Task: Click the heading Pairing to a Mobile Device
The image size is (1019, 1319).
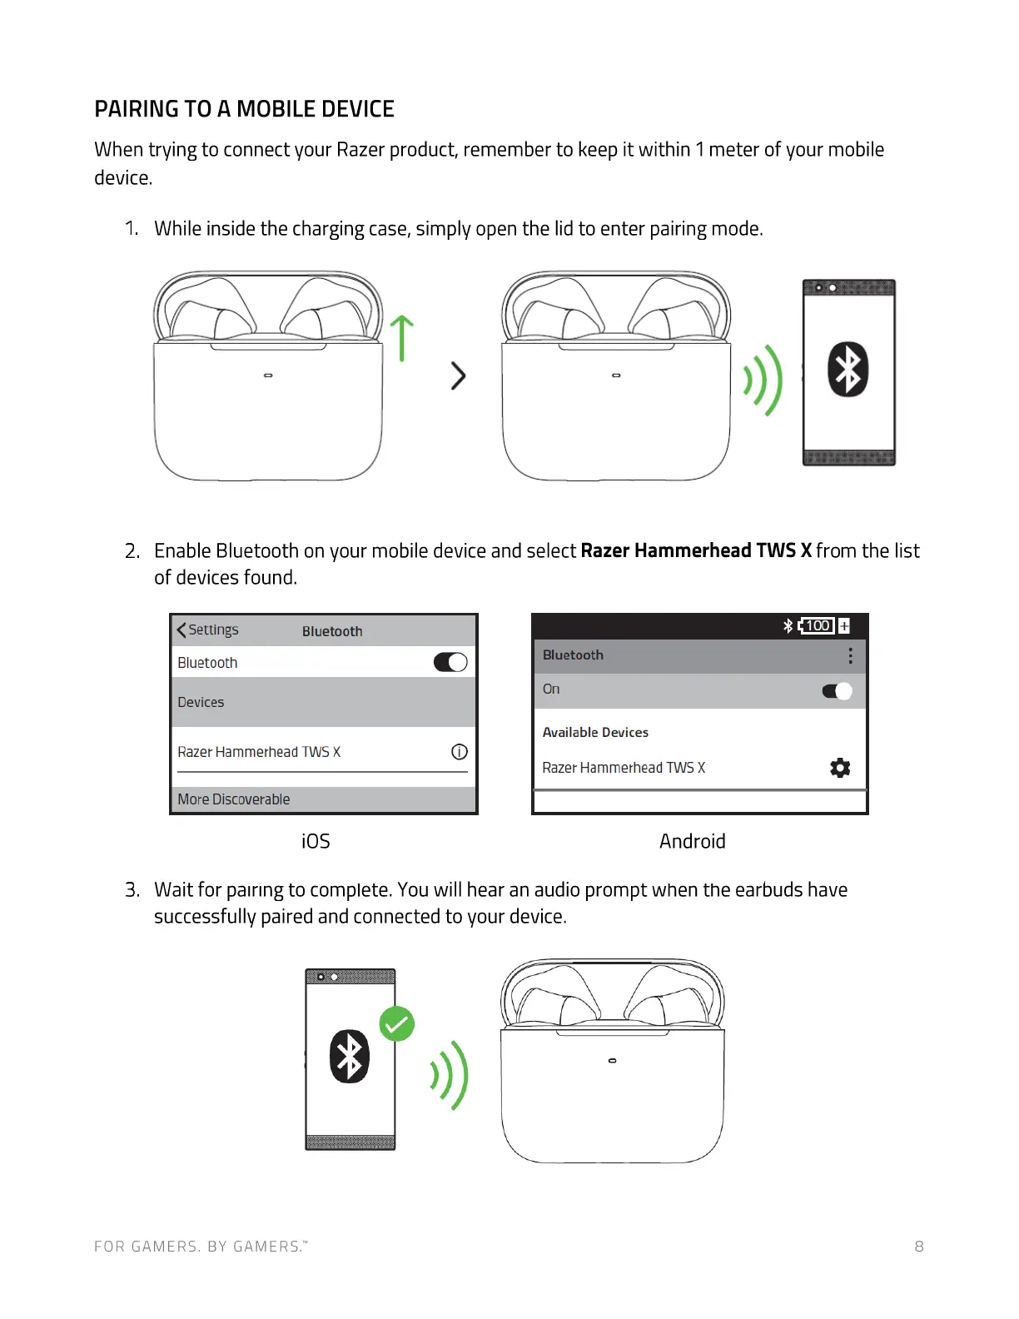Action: click(244, 109)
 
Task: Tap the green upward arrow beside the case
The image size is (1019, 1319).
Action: click(402, 337)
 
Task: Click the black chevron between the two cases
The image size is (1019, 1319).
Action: click(458, 376)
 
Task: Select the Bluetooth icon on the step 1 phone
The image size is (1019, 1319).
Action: click(848, 370)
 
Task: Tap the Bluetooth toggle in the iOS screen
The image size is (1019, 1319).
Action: click(450, 662)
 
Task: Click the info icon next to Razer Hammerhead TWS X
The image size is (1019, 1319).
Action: click(459, 752)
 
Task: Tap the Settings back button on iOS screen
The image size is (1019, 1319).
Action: click(208, 630)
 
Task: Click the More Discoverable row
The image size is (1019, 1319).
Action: click(323, 799)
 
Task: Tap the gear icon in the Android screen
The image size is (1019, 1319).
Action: click(840, 768)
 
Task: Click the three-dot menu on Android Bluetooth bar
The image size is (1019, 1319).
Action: click(850, 655)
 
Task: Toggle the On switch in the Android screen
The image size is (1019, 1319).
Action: click(837, 691)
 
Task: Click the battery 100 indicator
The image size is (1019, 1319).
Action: click(817, 625)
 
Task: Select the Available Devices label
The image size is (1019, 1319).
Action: click(595, 733)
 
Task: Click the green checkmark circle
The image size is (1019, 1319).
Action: click(397, 1024)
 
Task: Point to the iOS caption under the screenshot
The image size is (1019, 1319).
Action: click(316, 841)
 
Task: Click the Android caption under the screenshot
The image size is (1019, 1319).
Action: click(692, 841)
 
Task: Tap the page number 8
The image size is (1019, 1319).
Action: click(919, 1247)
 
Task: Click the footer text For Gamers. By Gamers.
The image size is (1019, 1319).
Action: click(201, 1247)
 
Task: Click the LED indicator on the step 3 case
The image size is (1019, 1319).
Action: click(613, 1061)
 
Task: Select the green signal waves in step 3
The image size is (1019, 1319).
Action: click(450, 1075)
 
